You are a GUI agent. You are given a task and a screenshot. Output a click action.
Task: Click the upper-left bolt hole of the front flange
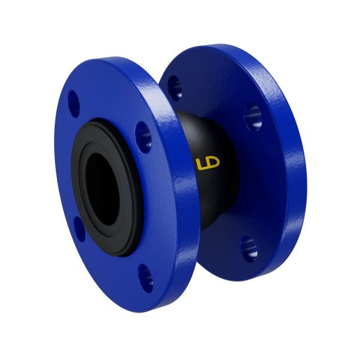pyautogui.click(x=74, y=104)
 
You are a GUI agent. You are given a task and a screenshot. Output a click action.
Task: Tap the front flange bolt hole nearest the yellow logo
pyautogui.click(x=143, y=137)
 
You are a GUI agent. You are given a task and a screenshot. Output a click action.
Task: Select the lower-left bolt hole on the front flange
pyautogui.click(x=79, y=229)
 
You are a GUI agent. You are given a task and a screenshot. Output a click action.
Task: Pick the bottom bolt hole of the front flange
pyautogui.click(x=146, y=278)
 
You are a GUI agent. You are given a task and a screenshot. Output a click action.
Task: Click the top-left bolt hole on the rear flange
pyautogui.click(x=175, y=88)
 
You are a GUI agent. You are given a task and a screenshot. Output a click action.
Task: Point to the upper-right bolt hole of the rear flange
pyautogui.click(x=253, y=117)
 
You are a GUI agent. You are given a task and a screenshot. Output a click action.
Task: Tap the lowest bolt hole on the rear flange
pyautogui.click(x=249, y=248)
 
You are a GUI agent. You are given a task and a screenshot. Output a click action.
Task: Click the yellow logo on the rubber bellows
pyautogui.click(x=208, y=163)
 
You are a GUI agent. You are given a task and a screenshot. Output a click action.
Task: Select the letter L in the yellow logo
pyautogui.click(x=200, y=164)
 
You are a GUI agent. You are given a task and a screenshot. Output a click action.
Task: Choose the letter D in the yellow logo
pyautogui.click(x=212, y=161)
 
